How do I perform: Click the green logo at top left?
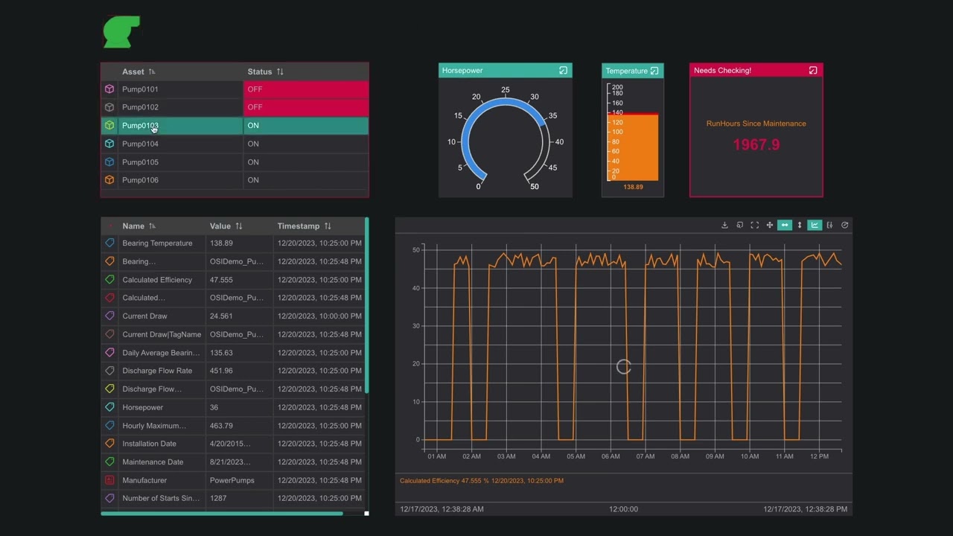pyautogui.click(x=121, y=32)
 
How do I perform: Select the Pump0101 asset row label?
pyautogui.click(x=140, y=89)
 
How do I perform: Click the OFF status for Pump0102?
pyautogui.click(x=255, y=107)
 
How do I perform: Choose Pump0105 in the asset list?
pyautogui.click(x=140, y=162)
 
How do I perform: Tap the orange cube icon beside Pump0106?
pyautogui.click(x=109, y=180)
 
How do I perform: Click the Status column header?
pyautogui.click(x=260, y=71)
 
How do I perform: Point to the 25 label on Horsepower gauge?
pyautogui.click(x=506, y=90)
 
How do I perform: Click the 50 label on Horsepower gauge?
pyautogui.click(x=535, y=186)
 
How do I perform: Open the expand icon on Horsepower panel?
pyautogui.click(x=563, y=71)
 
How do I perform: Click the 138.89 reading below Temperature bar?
pyautogui.click(x=633, y=187)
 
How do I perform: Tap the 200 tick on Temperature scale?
pyautogui.click(x=616, y=88)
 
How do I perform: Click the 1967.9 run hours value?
pyautogui.click(x=756, y=144)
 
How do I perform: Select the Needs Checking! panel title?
pyautogui.click(x=722, y=71)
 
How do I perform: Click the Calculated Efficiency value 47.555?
pyautogui.click(x=221, y=280)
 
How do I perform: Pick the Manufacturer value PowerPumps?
pyautogui.click(x=230, y=481)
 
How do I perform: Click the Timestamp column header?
pyautogui.click(x=298, y=226)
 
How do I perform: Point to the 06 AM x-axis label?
pyautogui.click(x=611, y=456)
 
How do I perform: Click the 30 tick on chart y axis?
pyautogui.click(x=416, y=326)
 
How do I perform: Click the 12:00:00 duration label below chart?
pyautogui.click(x=623, y=509)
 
